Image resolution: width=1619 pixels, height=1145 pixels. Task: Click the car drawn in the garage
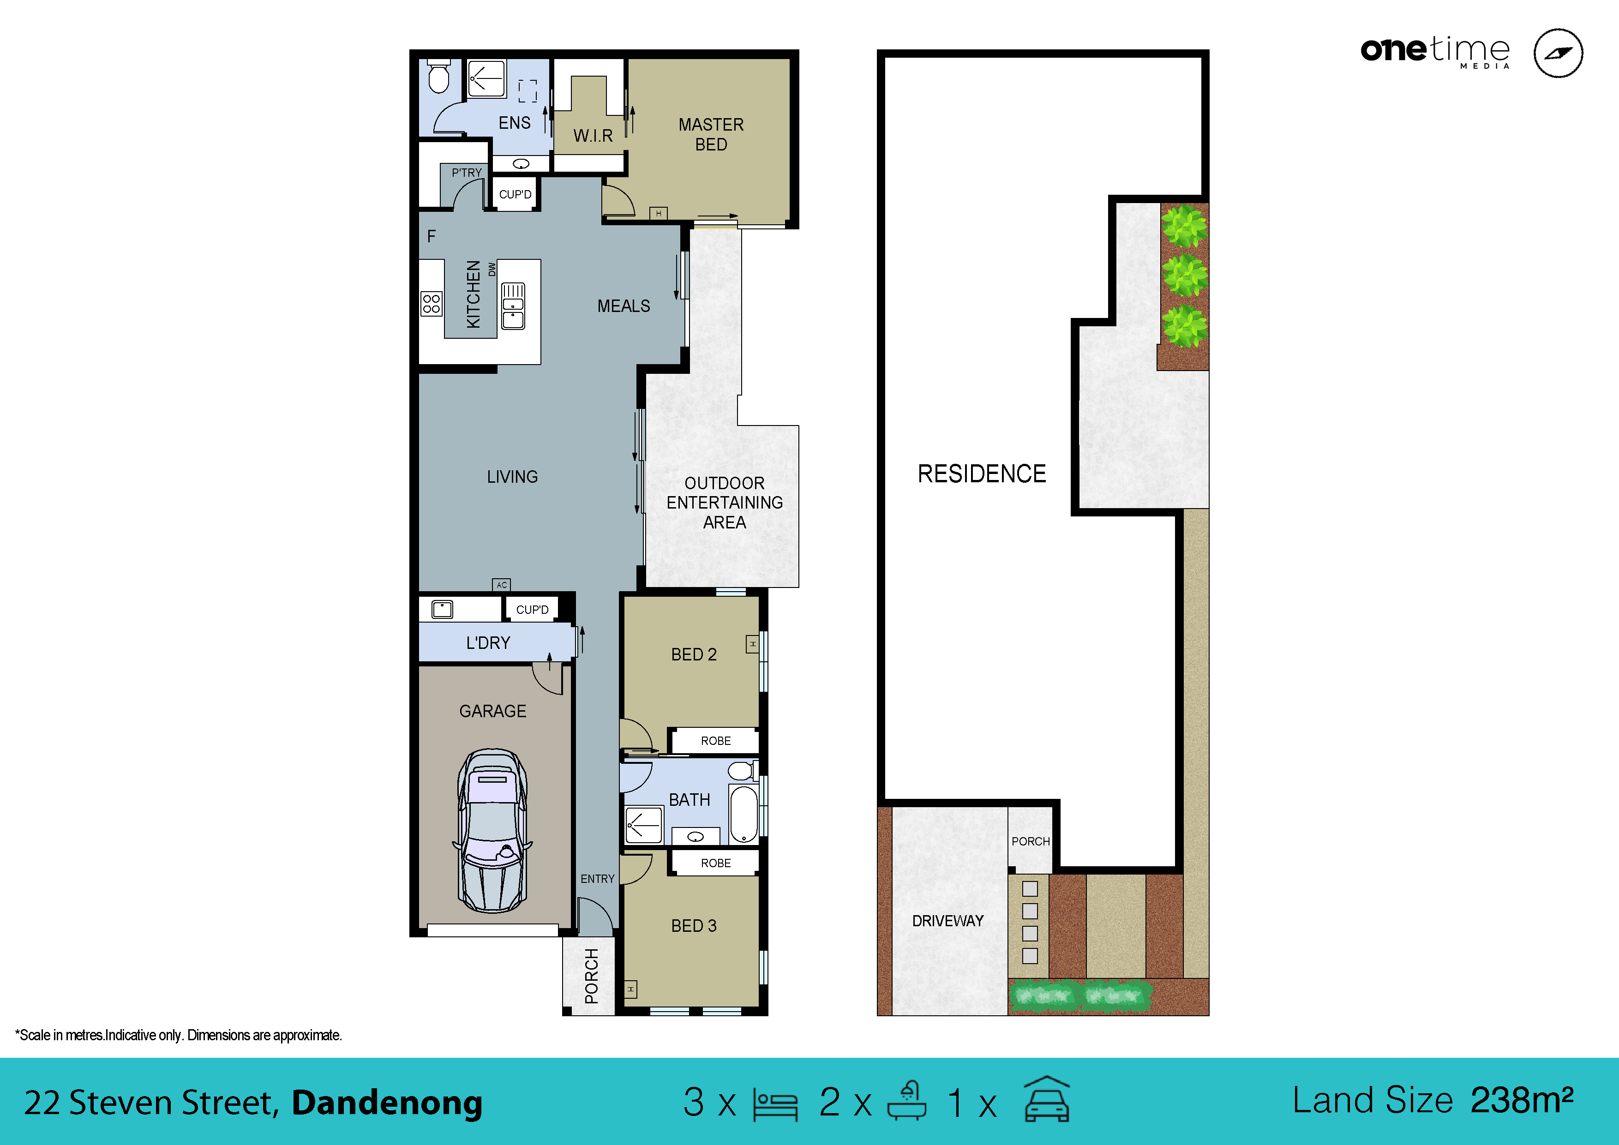[x=492, y=831]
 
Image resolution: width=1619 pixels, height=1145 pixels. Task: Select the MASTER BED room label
[x=711, y=134]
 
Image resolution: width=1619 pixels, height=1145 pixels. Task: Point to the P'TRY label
[x=466, y=173]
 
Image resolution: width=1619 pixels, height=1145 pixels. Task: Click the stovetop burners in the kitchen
[x=431, y=304]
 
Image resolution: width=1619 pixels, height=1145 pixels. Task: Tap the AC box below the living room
[x=501, y=584]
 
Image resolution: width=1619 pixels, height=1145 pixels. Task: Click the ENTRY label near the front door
[x=597, y=879]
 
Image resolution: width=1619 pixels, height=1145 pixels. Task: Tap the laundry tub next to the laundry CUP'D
[x=442, y=609]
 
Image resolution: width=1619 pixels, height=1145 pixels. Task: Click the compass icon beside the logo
[x=1558, y=53]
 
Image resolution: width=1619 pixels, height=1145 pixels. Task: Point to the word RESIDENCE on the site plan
[x=982, y=474]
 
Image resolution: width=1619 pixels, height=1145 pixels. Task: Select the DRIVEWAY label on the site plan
[x=947, y=921]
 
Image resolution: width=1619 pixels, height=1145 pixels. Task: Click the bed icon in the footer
[x=775, y=1104]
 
